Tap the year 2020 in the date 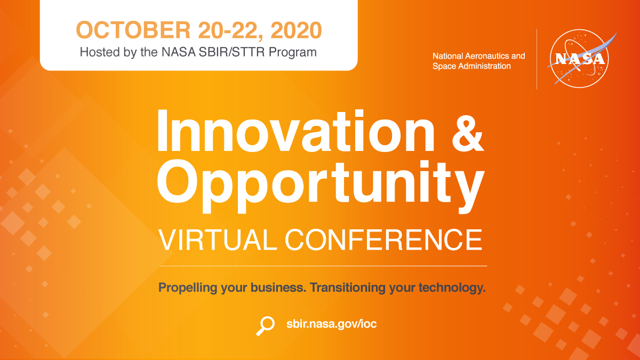296,30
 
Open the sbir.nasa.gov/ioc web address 331,324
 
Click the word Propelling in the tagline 188,289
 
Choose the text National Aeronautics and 478,56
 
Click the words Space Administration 471,66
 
